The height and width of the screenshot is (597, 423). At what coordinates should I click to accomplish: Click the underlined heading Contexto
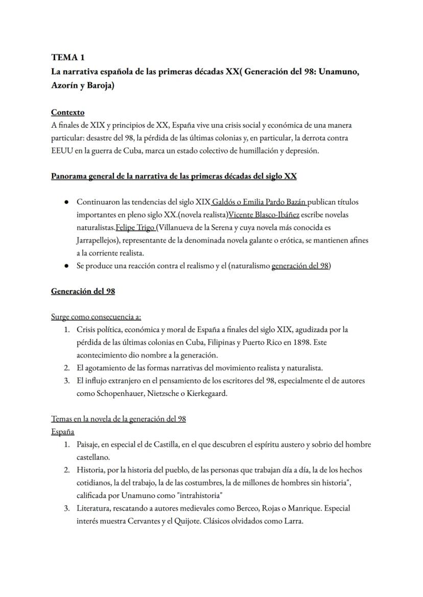pyautogui.click(x=68, y=112)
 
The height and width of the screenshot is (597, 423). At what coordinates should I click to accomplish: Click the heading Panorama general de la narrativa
pyautogui.click(x=174, y=177)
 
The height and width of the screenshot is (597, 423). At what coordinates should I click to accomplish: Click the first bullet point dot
pyautogui.click(x=66, y=202)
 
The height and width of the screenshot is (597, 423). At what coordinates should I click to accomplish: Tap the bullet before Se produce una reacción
pyautogui.click(x=66, y=266)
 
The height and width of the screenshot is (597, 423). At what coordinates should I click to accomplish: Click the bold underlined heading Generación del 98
pyautogui.click(x=83, y=291)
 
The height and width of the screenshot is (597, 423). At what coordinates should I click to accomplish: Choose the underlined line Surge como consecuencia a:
pyautogui.click(x=96, y=317)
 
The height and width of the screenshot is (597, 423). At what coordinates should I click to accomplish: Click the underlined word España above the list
pyautogui.click(x=62, y=432)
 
